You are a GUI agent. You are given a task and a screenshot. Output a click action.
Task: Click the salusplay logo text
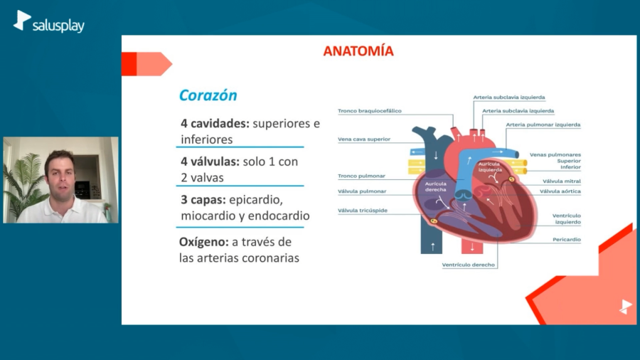pyautogui.click(x=58, y=26)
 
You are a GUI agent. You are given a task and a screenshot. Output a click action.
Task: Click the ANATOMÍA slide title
pyautogui.click(x=358, y=51)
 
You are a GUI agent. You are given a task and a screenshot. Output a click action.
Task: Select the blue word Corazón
pyautogui.click(x=208, y=95)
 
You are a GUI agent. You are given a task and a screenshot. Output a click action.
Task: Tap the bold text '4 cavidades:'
pyautogui.click(x=215, y=123)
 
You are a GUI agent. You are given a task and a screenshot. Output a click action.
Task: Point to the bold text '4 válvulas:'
pyautogui.click(x=210, y=162)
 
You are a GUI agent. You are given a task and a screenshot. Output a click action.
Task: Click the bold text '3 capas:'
pyautogui.click(x=203, y=200)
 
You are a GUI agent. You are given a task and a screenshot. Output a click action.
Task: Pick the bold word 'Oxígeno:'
pyautogui.click(x=204, y=242)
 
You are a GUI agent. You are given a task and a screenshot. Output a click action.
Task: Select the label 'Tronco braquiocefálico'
pyautogui.click(x=370, y=111)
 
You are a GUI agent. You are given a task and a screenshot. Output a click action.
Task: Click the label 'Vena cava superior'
pyautogui.click(x=364, y=139)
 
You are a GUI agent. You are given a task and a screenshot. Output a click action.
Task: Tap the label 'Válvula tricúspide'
pyautogui.click(x=363, y=211)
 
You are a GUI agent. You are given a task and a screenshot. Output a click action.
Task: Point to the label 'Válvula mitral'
pyautogui.click(x=562, y=181)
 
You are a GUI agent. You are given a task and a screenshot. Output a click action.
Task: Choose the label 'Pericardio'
pyautogui.click(x=567, y=240)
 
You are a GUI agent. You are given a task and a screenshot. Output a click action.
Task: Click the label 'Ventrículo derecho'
pyautogui.click(x=468, y=265)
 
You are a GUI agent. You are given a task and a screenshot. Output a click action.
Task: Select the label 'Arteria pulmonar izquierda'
pyautogui.click(x=543, y=125)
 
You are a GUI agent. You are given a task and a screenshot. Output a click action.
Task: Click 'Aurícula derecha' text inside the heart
pyautogui.click(x=436, y=186)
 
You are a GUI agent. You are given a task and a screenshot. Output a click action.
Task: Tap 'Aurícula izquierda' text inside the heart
pyautogui.click(x=490, y=166)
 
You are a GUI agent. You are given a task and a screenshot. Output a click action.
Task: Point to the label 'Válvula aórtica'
pyautogui.click(x=560, y=191)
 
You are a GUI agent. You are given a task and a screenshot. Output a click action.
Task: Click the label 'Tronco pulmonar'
pyautogui.click(x=362, y=176)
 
